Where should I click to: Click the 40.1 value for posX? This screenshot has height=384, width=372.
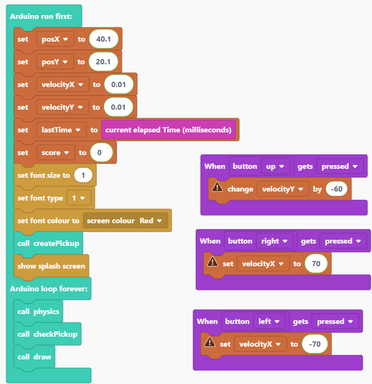pyautogui.click(x=103, y=39)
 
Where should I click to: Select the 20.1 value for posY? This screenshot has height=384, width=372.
pyautogui.click(x=103, y=62)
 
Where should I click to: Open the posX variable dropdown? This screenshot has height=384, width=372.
pyautogui.click(x=55, y=39)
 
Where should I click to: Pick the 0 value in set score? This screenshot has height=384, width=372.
pyautogui.click(x=101, y=153)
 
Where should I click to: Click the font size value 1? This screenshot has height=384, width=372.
pyautogui.click(x=83, y=176)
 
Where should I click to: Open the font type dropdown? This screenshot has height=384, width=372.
pyautogui.click(x=77, y=198)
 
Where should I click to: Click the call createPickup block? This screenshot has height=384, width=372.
pyautogui.click(x=48, y=243)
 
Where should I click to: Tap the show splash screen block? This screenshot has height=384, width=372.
pyautogui.click(x=51, y=266)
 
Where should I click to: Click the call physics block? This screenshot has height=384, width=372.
pyautogui.click(x=38, y=312)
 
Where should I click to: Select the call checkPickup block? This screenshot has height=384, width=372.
pyautogui.click(x=47, y=334)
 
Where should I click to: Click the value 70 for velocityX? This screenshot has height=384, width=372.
pyautogui.click(x=316, y=264)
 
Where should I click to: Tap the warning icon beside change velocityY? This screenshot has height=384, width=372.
pyautogui.click(x=217, y=188)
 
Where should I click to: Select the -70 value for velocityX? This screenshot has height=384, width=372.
pyautogui.click(x=315, y=344)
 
